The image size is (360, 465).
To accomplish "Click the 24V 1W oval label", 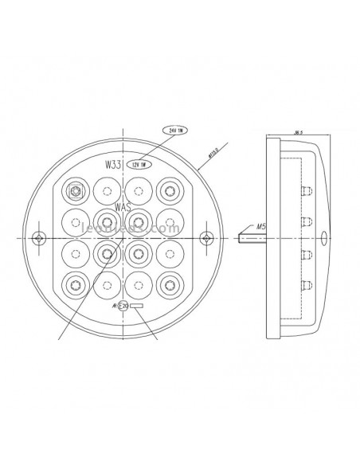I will [x=174, y=128].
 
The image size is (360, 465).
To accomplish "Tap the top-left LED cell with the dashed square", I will [x=76, y=191].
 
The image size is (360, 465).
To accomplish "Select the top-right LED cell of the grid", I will [x=169, y=191].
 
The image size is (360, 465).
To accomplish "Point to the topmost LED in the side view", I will [x=307, y=190].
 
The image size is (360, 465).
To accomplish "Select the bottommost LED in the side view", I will [x=307, y=284].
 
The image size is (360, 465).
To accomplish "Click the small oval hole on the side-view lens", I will [x=324, y=237].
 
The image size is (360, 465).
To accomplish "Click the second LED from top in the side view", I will [x=307, y=221].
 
